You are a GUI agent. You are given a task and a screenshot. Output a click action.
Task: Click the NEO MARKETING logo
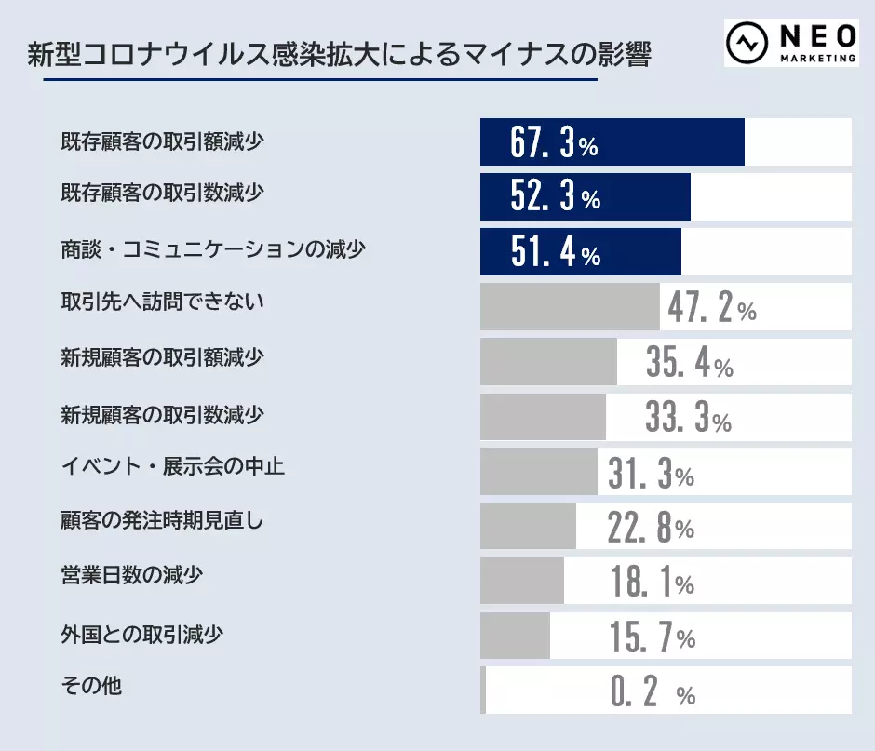pos(791,43)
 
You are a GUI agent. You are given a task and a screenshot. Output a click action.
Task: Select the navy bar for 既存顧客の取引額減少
pos(612,142)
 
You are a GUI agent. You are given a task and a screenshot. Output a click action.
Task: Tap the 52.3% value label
pos(556,197)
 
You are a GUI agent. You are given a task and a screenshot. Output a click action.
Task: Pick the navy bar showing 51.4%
pos(580,252)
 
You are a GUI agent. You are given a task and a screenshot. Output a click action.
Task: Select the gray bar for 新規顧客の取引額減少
pos(548,362)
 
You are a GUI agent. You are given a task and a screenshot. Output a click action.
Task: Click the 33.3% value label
pos(688,418)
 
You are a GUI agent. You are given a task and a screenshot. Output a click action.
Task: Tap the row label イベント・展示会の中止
pos(173,466)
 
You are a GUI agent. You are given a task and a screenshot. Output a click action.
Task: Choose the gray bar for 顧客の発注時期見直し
pos(528,527)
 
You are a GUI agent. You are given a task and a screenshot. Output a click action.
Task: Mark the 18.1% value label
pos(653,582)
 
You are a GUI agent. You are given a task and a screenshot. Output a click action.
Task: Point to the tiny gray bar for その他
pos(483,691)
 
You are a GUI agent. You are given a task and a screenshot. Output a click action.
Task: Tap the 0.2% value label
pos(653,691)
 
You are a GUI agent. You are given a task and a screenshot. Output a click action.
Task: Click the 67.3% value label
pos(554,142)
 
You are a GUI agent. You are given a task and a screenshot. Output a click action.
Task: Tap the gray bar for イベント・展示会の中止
pos(539,472)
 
